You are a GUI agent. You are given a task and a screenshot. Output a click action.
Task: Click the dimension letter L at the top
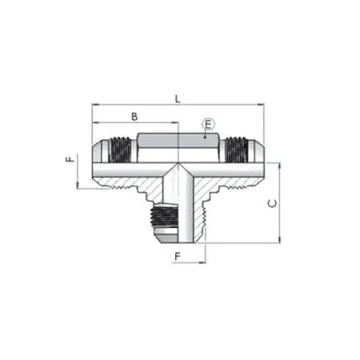pos(178,98)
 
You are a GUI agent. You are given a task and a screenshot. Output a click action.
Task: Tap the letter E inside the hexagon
pos(208,125)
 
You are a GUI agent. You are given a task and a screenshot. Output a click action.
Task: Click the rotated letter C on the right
pos(272,203)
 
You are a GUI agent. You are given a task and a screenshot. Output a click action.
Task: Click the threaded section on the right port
pos(233,150)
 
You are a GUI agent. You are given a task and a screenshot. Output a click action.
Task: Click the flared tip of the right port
pos(257,150)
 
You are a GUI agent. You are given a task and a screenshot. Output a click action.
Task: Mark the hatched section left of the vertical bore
pos(148,186)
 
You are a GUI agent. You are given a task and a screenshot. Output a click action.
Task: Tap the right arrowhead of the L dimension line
pos(261,105)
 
